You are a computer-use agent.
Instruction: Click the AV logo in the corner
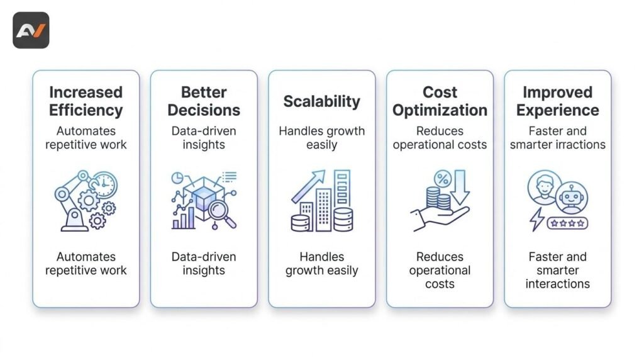(31, 30)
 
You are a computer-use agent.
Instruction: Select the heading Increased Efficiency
(86, 101)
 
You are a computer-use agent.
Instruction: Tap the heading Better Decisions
(204, 101)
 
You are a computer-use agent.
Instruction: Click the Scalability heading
(321, 101)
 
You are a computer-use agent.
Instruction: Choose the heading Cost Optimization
(440, 101)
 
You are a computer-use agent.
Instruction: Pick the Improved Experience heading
(557, 101)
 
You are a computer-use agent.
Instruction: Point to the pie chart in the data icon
(177, 178)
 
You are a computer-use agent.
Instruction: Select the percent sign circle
(443, 179)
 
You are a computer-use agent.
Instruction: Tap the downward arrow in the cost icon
(460, 188)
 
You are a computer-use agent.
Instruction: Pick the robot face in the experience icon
(572, 198)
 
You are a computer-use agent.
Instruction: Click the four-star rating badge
(567, 223)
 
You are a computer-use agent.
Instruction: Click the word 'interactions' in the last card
(557, 284)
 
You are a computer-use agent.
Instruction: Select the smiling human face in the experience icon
(544, 188)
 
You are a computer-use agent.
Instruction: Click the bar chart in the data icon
(183, 218)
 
